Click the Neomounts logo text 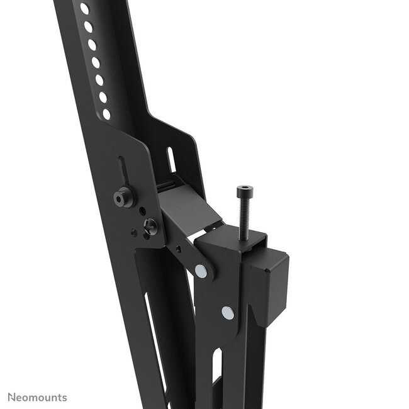37,397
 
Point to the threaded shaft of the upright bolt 242,214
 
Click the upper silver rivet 200,271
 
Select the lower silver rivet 227,311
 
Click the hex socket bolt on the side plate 122,197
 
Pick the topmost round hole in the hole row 84,9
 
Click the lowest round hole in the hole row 106,114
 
